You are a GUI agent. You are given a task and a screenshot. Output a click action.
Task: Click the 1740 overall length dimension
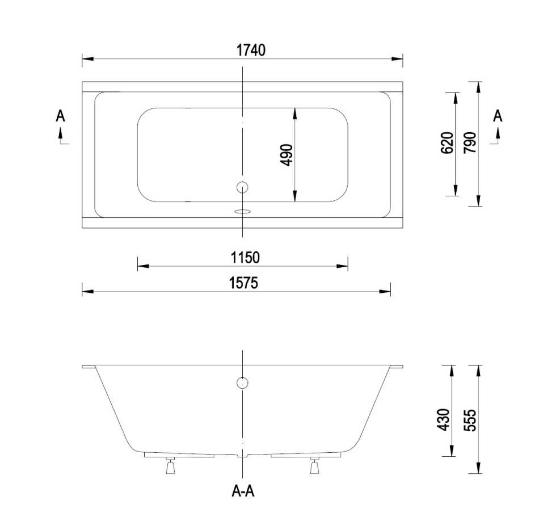tap(251, 50)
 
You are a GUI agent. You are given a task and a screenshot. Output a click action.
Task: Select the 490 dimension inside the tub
tap(287, 155)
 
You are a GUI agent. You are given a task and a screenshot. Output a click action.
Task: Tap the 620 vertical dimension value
tap(447, 142)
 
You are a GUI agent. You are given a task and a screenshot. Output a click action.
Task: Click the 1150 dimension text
tap(245, 258)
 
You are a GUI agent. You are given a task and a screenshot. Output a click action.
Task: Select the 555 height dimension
tap(469, 420)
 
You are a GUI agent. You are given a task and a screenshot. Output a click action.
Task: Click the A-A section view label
tap(243, 491)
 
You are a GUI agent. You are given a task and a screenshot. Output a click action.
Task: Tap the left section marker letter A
tap(60, 116)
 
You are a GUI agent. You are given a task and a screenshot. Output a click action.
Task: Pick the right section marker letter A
tap(498, 116)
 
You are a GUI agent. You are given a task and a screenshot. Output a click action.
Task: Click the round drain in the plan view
tap(242, 187)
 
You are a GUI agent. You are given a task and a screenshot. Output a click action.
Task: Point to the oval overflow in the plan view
tap(242, 212)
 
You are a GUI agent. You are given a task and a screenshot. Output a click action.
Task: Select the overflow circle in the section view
tap(242, 382)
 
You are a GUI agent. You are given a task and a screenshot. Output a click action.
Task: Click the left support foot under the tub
tap(170, 466)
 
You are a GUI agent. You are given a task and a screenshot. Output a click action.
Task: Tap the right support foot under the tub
tap(314, 466)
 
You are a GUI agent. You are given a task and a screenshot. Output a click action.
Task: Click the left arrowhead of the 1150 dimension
tap(142, 266)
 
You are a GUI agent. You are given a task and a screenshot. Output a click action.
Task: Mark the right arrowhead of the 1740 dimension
tap(398, 58)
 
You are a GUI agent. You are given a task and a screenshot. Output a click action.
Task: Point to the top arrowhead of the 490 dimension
tap(295, 113)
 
